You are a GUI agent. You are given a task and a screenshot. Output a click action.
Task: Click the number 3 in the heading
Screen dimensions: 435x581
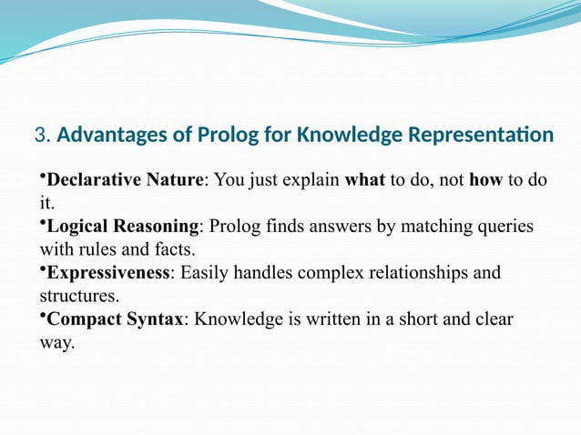(39, 137)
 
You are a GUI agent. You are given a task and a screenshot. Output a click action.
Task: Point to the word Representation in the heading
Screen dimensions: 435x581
(480, 137)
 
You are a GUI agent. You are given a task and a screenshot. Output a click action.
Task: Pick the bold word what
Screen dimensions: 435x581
(365, 179)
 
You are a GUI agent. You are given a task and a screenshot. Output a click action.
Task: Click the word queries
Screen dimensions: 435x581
(501, 226)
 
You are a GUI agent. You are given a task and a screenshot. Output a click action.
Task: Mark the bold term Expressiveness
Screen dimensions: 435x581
(108, 272)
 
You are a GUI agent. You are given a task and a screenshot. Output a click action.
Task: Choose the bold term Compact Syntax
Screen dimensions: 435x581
(115, 319)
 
